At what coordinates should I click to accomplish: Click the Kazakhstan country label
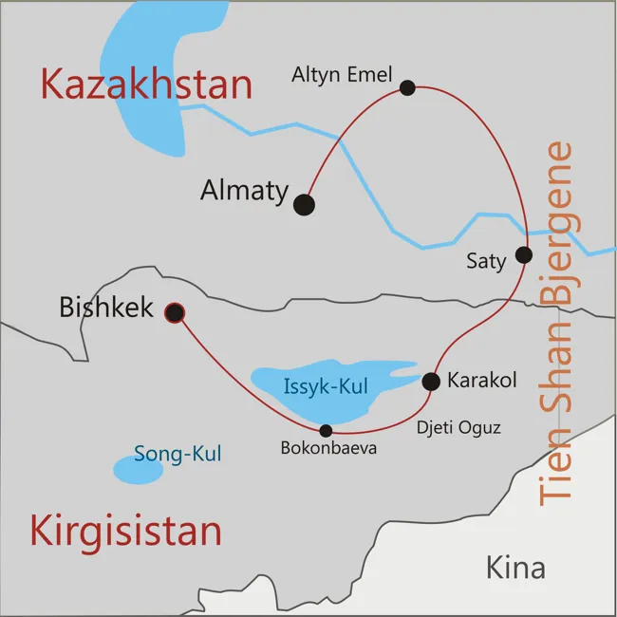[x=146, y=84]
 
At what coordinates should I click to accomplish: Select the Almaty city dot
[x=304, y=204]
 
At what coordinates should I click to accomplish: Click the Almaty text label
[x=244, y=190]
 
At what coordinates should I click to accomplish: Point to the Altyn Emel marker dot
[x=407, y=87]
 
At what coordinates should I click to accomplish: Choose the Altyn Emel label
[x=342, y=74]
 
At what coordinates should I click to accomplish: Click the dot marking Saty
[x=523, y=254]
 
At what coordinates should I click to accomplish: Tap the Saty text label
[x=486, y=260]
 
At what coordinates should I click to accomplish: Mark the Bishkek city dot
[x=175, y=311]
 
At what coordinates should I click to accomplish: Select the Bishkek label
[x=106, y=308]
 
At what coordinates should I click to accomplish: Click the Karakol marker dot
[x=430, y=382]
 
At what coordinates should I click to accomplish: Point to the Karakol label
[x=481, y=381]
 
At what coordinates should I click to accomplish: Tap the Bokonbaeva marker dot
[x=326, y=430]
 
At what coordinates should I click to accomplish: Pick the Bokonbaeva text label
[x=328, y=447]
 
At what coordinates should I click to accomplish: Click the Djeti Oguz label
[x=458, y=428]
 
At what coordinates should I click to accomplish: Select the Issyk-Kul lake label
[x=326, y=386]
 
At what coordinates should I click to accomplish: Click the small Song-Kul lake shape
[x=138, y=469]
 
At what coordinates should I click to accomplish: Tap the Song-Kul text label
[x=178, y=454]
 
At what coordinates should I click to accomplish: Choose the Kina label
[x=515, y=568]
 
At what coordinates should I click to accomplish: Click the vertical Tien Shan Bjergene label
[x=560, y=323]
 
